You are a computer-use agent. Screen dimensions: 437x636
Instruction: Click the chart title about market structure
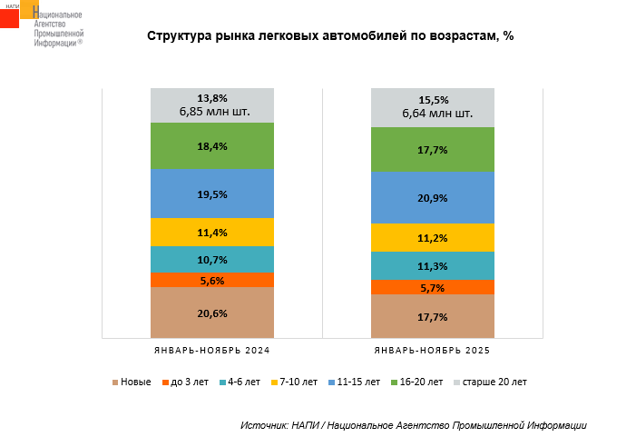pos(330,36)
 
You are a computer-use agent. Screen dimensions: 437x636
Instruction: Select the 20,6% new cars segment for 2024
pos(212,313)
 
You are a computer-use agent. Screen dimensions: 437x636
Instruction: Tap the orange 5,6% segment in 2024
pos(212,280)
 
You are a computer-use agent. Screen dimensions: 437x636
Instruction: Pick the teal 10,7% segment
pos(212,259)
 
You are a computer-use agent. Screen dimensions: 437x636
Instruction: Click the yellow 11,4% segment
pos(212,232)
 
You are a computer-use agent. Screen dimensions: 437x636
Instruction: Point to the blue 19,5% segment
pos(212,194)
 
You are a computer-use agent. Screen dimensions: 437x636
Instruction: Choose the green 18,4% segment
pos(212,145)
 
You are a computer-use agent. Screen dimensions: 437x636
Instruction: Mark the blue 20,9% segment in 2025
pos(433,198)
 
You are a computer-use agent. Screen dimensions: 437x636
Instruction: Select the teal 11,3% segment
pos(433,265)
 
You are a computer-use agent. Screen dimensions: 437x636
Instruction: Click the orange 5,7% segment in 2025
pos(433,287)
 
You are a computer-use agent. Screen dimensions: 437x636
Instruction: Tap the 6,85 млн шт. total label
pos(212,112)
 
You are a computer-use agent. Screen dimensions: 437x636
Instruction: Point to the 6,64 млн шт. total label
pos(433,114)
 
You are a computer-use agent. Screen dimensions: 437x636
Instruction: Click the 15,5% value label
pos(433,99)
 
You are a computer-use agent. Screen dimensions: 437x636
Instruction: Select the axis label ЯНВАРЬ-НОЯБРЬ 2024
pos(212,351)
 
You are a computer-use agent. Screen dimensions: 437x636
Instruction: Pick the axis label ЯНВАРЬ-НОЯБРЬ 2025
pos(433,351)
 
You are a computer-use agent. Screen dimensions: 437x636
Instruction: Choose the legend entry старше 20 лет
pos(489,382)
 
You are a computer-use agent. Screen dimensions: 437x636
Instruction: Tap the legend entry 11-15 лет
pos(353,382)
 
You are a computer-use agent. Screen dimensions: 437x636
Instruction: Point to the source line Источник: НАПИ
pos(413,425)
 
